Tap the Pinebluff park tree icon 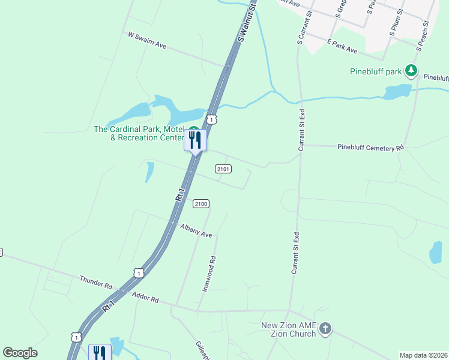411,71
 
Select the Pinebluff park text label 376,72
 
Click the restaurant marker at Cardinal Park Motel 195,140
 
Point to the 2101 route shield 223,169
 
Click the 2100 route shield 201,204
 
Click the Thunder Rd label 95,282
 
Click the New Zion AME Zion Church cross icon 325,328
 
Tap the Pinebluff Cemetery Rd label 370,146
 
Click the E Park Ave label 342,46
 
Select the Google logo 20,353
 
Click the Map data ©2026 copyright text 423,355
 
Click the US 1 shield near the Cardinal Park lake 211,119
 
